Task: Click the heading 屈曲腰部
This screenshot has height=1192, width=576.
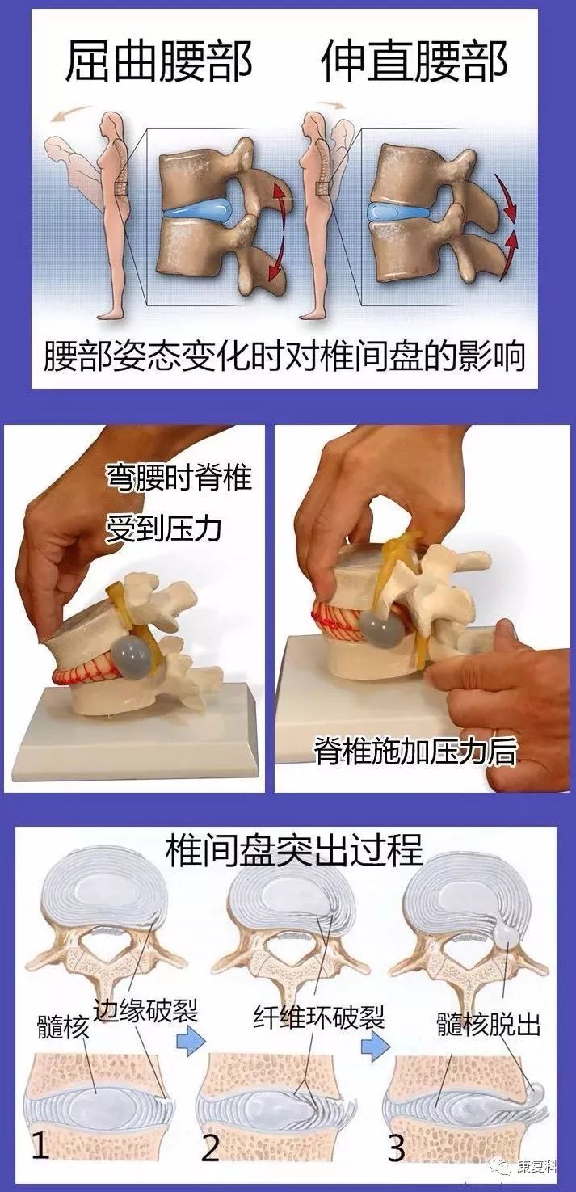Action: tap(158, 61)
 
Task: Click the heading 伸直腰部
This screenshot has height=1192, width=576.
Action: tap(414, 61)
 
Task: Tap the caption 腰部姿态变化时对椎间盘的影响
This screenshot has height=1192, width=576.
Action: tap(285, 356)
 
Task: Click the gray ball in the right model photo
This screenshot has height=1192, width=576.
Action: tap(382, 628)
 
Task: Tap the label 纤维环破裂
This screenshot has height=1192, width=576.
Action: tap(319, 1017)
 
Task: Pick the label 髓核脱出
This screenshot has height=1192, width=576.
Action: tap(488, 1025)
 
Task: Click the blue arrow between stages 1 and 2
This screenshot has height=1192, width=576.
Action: tap(191, 1043)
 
